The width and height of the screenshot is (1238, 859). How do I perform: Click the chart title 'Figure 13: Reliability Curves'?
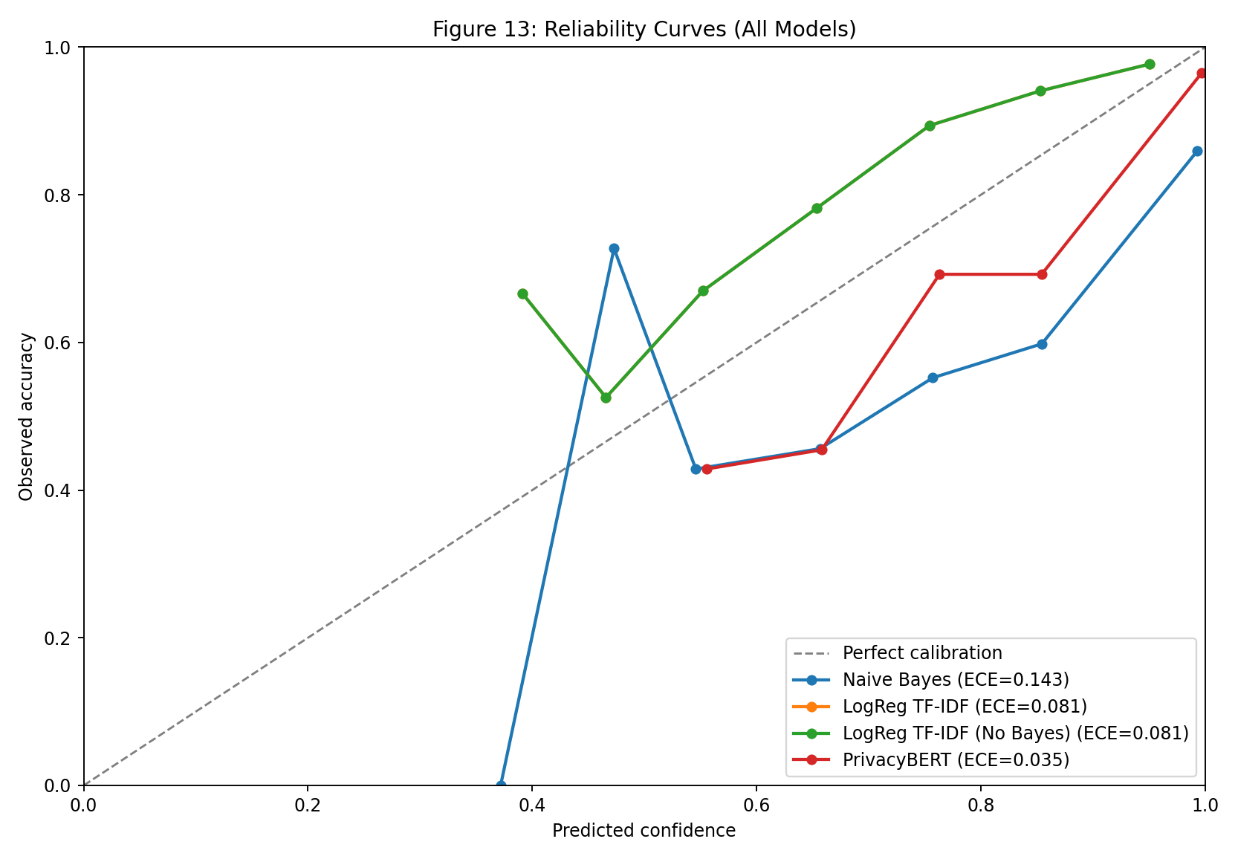[x=644, y=29]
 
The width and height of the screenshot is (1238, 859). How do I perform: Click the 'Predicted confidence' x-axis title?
[x=644, y=831]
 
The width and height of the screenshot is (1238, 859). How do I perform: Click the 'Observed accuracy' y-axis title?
[x=27, y=416]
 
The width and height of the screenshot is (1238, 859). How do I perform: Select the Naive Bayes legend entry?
[x=956, y=679]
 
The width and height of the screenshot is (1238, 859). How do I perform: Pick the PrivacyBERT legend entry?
[x=956, y=759]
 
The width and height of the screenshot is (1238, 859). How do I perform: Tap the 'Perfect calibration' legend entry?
[x=921, y=653]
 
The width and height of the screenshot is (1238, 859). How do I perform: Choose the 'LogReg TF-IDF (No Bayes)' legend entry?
[x=1015, y=733]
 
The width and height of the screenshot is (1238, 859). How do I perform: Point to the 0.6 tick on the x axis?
[x=756, y=785]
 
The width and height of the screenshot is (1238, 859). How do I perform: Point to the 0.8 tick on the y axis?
[x=84, y=195]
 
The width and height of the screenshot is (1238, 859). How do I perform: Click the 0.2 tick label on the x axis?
[x=308, y=805]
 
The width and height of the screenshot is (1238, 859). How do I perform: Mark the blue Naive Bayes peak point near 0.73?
[x=614, y=248]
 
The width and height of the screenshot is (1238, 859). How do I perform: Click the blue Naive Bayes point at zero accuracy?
[x=501, y=785]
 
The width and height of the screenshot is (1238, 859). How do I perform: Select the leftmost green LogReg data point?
[x=522, y=294]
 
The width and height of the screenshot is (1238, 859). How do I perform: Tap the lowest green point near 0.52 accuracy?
[x=606, y=398]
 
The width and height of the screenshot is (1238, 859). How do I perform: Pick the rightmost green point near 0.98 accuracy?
[x=1150, y=64]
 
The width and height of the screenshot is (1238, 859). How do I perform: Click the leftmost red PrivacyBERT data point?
[x=707, y=469]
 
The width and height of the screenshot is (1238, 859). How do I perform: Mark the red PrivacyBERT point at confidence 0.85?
[x=1042, y=274]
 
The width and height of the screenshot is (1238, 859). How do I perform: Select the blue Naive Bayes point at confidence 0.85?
[x=1042, y=344]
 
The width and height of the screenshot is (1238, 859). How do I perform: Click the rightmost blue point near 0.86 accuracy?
[x=1197, y=151]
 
